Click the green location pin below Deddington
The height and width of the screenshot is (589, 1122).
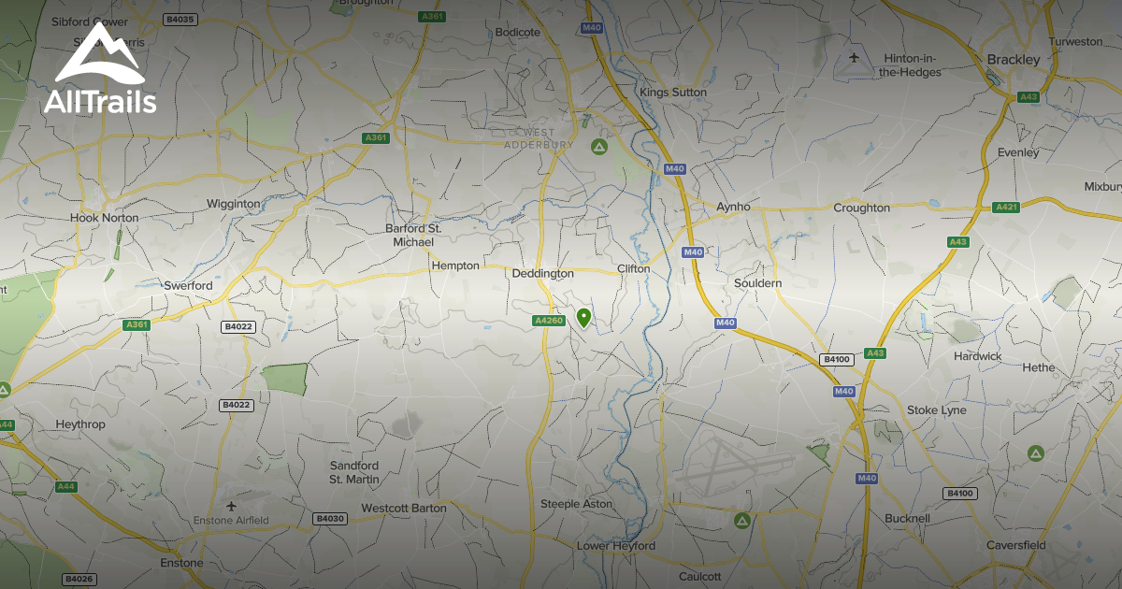[x=583, y=318]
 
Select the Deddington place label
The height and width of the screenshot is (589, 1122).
[x=543, y=274]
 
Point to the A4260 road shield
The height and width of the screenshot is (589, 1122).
[x=550, y=321]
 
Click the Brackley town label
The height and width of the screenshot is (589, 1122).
[x=1014, y=60]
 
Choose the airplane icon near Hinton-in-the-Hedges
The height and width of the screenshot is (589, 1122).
[x=854, y=58]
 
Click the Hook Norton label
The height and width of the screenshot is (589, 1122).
[x=104, y=218]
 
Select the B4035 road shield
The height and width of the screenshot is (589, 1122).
[x=179, y=19]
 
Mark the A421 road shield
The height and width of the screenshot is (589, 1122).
[x=1006, y=207]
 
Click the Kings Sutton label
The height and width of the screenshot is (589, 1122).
[x=673, y=93]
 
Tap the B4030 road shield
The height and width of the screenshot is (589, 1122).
[x=330, y=518]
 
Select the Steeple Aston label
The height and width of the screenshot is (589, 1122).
[x=577, y=504]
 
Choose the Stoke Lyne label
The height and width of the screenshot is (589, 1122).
[x=937, y=410]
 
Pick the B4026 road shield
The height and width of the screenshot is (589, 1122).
[x=79, y=580]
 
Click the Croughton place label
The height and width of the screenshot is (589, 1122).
[x=861, y=208]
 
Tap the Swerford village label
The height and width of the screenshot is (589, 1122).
[x=188, y=285]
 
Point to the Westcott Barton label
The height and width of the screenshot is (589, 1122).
[x=404, y=509]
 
